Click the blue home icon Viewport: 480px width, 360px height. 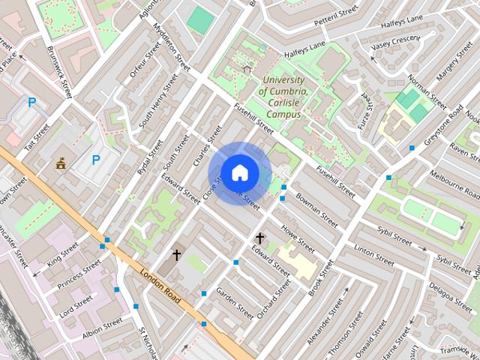click(239, 173)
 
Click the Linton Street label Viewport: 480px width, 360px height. click(373, 255)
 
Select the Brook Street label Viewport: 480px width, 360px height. click(319, 278)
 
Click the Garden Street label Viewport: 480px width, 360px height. click(235, 301)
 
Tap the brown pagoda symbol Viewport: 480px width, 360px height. click(61, 163)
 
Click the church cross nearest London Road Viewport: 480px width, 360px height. click(177, 255)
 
